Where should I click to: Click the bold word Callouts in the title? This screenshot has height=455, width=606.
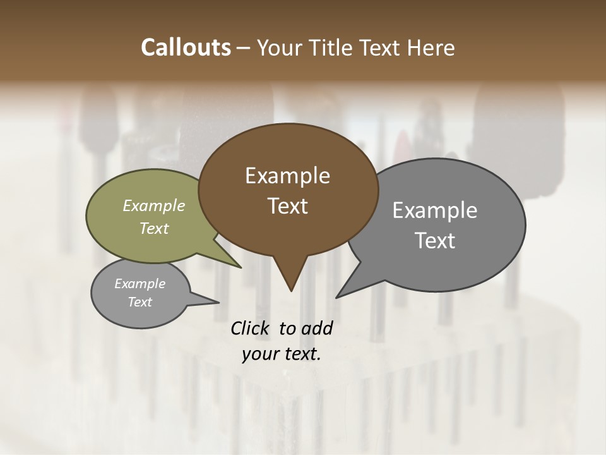click(x=186, y=47)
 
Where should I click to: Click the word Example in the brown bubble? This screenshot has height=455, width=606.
click(x=287, y=176)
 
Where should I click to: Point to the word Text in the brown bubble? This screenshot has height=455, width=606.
click(x=287, y=206)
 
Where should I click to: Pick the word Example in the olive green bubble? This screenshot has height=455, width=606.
click(x=154, y=205)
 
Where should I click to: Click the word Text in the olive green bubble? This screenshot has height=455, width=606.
click(x=154, y=228)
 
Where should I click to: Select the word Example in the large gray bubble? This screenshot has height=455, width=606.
click(x=435, y=210)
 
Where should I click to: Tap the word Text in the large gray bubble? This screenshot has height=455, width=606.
click(x=435, y=241)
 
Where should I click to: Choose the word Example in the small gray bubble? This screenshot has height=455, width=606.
click(x=140, y=284)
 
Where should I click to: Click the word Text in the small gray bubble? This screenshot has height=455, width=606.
click(x=140, y=302)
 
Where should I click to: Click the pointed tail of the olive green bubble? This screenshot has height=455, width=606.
click(x=239, y=265)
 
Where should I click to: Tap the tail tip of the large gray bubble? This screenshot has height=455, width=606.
click(x=338, y=296)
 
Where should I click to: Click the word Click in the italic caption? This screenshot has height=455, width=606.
click(x=251, y=328)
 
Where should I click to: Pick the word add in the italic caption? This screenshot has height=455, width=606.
click(x=317, y=328)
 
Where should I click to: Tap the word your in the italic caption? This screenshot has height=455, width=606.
click(x=260, y=354)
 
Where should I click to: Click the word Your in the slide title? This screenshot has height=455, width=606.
click(x=280, y=47)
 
